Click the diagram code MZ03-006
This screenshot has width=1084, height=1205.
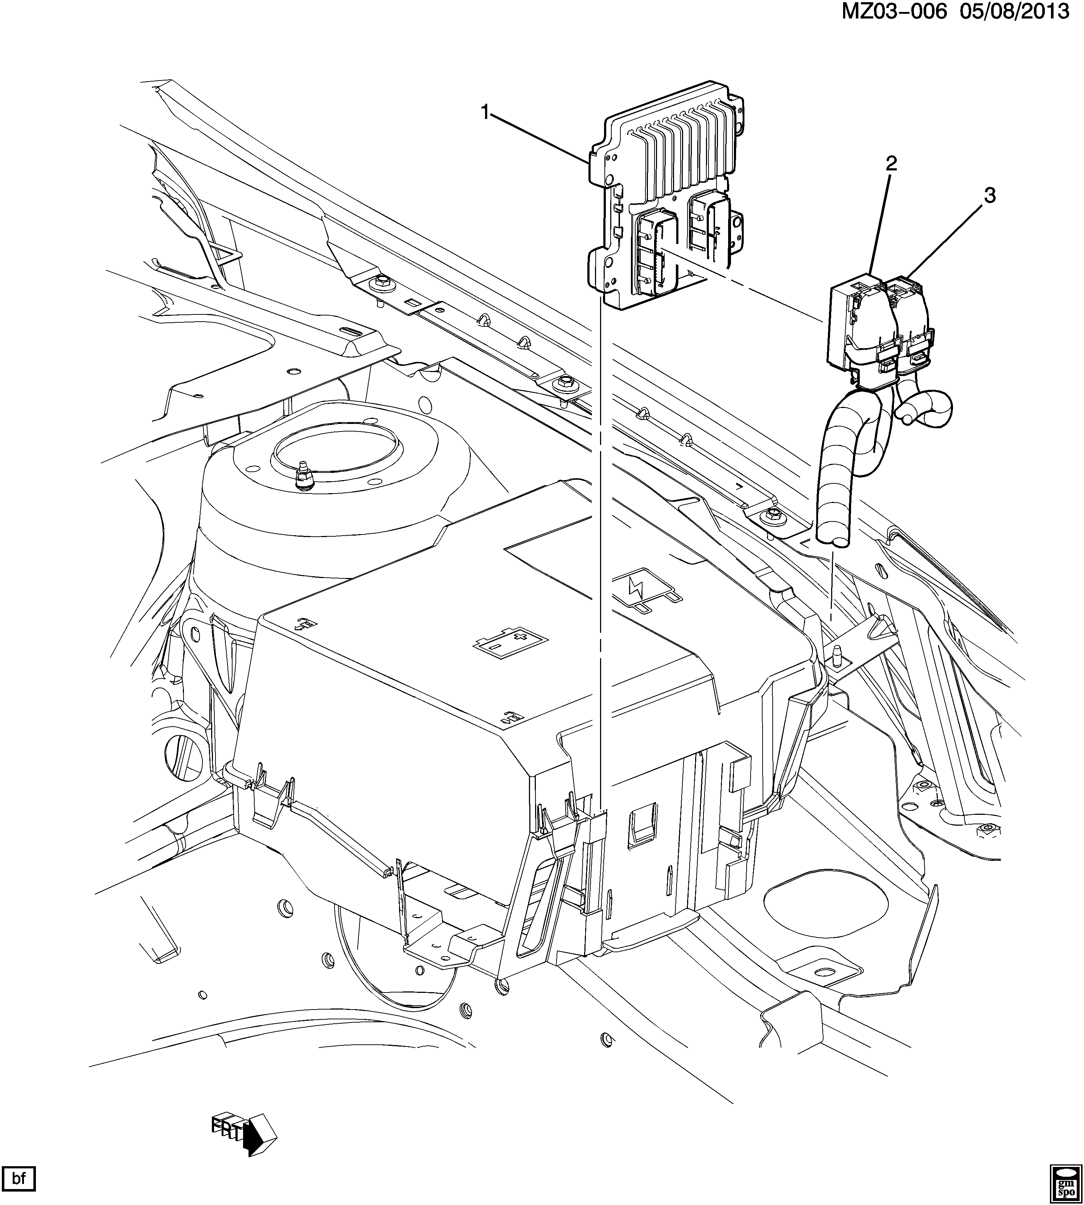tap(894, 12)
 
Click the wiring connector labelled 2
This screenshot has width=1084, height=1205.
tap(858, 327)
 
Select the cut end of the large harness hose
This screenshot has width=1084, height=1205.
tap(833, 539)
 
